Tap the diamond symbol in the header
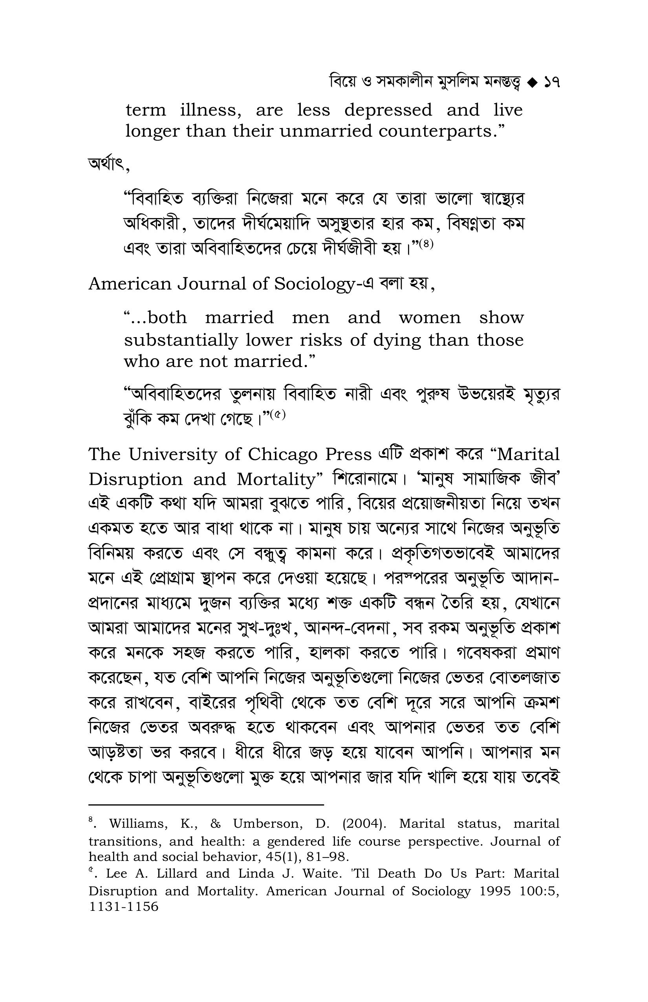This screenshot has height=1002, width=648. tap(532, 83)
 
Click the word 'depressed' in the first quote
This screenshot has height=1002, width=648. tap(388, 111)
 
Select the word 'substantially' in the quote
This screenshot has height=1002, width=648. tap(181, 340)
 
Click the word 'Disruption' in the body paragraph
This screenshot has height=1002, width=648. tap(135, 479)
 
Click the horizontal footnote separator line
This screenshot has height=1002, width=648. tap(206, 806)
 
